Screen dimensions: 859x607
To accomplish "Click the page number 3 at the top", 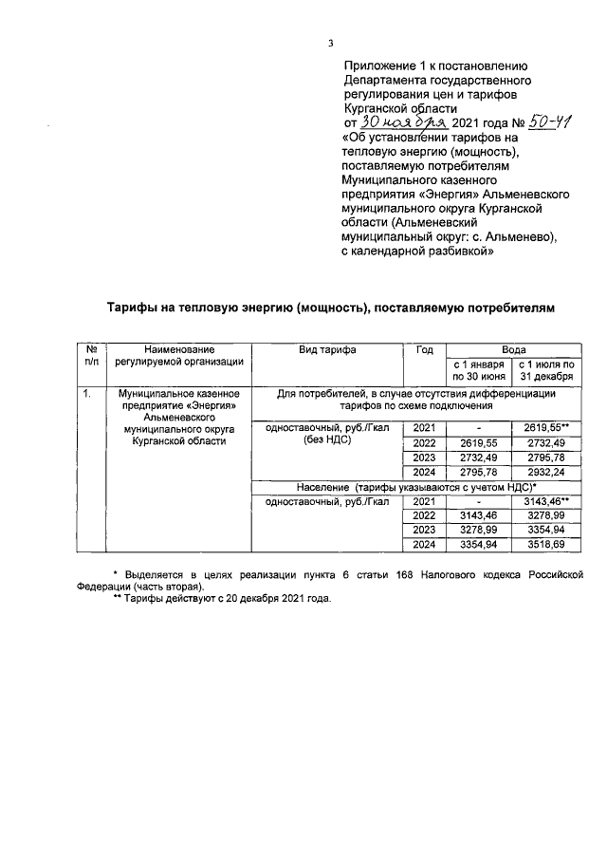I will [330, 42].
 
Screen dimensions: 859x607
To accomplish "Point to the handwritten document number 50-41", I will [539, 123].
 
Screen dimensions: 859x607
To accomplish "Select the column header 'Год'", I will [425, 349].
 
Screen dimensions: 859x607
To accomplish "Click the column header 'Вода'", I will [513, 349].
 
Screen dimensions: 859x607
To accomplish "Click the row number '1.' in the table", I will [86, 393].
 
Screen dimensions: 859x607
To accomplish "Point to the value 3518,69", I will [545, 545].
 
